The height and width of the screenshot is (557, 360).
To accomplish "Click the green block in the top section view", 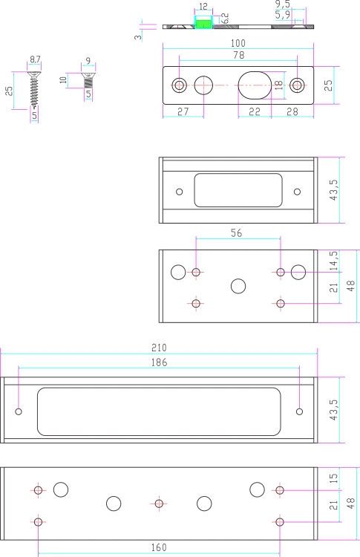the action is pos(204,25).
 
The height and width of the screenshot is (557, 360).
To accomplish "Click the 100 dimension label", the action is pos(238,43).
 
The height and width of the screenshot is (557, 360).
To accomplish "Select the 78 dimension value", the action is pos(239,55).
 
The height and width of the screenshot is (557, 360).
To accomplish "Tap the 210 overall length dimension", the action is pos(159,348).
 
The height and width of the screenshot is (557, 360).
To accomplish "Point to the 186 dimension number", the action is pos(159,362).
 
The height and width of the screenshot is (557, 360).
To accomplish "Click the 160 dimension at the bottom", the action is pos(159,547).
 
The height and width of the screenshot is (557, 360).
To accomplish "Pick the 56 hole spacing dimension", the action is pos(237,233).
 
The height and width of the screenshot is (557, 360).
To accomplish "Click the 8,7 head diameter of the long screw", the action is pos(35,59).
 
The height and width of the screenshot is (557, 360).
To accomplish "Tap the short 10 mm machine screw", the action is pos(88,80).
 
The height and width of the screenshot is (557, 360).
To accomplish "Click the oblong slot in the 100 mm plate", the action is pos(255,85).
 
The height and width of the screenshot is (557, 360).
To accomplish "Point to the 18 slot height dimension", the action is pos(278,85).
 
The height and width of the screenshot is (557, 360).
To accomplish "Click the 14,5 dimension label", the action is pos(333,261).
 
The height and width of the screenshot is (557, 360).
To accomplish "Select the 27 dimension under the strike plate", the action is pos(183,112).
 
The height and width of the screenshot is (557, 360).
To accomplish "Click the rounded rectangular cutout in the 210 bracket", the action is pos(159,411).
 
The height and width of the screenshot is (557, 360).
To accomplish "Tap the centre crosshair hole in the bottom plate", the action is pos(159,504).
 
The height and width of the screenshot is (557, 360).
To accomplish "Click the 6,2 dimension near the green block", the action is pos(225,19).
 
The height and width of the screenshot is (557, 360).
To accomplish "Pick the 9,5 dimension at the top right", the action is pos(283,4).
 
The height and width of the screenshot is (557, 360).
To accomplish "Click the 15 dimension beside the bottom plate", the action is pos(333,478).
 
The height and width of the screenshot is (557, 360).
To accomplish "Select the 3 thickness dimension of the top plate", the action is pos(138,37).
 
